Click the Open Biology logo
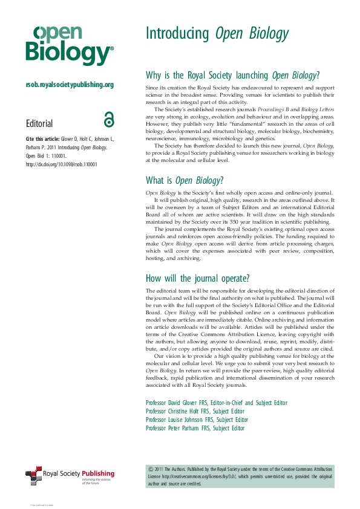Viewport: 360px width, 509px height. (x=69, y=45)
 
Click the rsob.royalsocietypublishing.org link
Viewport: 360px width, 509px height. (x=70, y=85)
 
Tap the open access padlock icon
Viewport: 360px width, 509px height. (x=108, y=120)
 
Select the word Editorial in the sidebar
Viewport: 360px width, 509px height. (x=39, y=123)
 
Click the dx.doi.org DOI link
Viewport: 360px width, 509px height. (x=61, y=164)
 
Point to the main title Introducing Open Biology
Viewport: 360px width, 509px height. (x=217, y=34)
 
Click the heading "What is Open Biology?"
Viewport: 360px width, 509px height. (x=185, y=180)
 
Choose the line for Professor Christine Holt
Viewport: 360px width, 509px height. (x=195, y=411)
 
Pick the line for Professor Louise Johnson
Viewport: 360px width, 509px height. (x=197, y=420)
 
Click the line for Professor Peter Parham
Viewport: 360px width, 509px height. (x=195, y=428)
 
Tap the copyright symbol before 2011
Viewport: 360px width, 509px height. (x=151, y=468)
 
